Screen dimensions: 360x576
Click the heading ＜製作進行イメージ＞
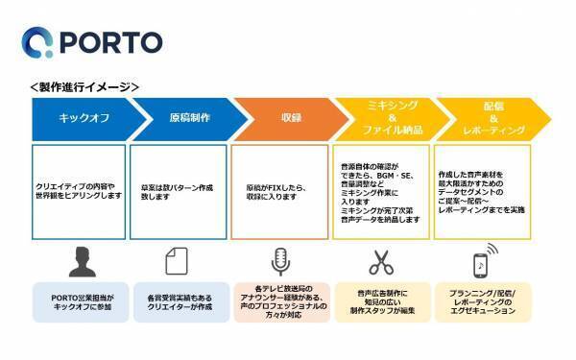click(x=85, y=86)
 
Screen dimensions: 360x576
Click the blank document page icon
click(x=179, y=259)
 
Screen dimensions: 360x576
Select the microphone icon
click(x=280, y=259)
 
